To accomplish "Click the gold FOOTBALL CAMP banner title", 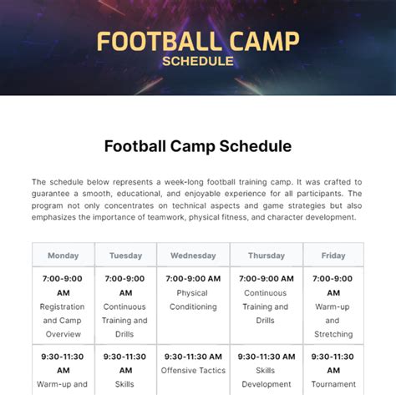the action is tap(198, 42).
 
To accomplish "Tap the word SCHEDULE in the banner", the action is tap(198, 61).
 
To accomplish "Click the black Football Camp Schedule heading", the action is tap(198, 146).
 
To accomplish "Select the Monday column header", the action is tap(63, 256).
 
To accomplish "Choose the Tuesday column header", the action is tap(125, 256).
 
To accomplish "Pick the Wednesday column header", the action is tap(193, 256).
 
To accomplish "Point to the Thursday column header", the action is tap(267, 256).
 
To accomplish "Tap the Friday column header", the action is tap(333, 256).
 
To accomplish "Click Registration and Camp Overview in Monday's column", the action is tap(63, 321).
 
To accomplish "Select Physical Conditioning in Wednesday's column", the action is tap(193, 300).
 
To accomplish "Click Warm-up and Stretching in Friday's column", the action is tap(333, 321).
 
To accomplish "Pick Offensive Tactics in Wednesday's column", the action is tap(193, 371).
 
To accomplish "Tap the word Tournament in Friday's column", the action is tap(333, 384).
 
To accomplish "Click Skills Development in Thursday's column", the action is tap(267, 377).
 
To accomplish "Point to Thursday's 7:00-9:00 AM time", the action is tap(267, 279).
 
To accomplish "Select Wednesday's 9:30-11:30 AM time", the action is tap(193, 357).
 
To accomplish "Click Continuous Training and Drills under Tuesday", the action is tap(124, 321).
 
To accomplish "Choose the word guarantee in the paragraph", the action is tap(50, 194).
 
